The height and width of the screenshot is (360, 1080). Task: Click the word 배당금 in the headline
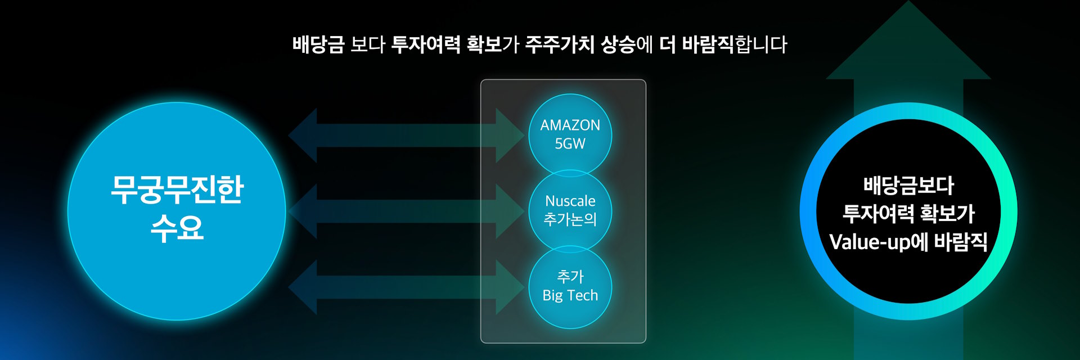(x=318, y=44)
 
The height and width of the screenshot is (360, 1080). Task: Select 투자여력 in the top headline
(x=426, y=44)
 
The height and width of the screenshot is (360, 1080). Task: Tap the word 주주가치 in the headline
(x=560, y=44)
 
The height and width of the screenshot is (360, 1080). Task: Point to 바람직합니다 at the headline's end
(x=735, y=44)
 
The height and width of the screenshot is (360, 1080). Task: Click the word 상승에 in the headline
(x=627, y=44)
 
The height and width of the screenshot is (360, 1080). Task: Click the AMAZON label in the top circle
(x=570, y=125)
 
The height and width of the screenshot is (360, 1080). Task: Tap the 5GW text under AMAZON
(x=570, y=144)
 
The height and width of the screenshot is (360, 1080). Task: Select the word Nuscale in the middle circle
(x=570, y=201)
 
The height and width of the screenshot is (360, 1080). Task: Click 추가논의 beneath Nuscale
(x=570, y=219)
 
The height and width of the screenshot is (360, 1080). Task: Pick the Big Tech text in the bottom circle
(x=570, y=295)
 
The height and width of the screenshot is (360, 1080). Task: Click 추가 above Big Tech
(x=570, y=277)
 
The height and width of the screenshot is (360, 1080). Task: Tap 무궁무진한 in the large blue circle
(x=177, y=190)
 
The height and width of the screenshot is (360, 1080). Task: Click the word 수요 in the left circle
(x=177, y=228)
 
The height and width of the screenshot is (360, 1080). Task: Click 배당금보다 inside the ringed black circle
(x=908, y=186)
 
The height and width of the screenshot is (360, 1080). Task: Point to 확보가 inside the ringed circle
(x=948, y=214)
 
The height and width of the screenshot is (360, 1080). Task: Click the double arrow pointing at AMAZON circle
(x=406, y=136)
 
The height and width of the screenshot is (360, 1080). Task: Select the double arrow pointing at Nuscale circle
(x=406, y=211)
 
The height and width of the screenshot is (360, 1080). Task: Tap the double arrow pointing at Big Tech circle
(x=406, y=287)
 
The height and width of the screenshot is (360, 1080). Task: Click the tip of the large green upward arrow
(x=908, y=2)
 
